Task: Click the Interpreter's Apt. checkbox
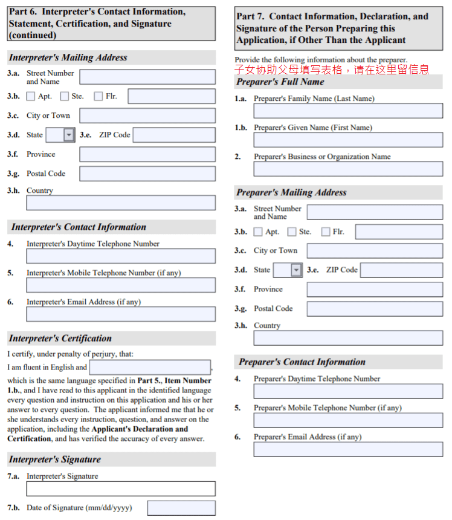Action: pyautogui.click(x=31, y=96)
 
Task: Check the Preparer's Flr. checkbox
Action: pyautogui.click(x=326, y=232)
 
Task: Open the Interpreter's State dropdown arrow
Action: pyautogui.click(x=69, y=135)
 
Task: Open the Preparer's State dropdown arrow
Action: pyautogui.click(x=296, y=270)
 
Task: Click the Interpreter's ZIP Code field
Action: pyautogui.click(x=174, y=135)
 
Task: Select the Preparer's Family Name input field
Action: pyautogui.click(x=348, y=111)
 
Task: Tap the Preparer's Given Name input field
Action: pyautogui.click(x=348, y=140)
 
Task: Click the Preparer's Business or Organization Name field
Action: pyautogui.click(x=348, y=169)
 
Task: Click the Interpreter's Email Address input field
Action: pyautogui.click(x=121, y=314)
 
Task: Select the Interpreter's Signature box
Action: pyautogui.click(x=121, y=489)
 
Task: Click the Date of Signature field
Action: pyautogui.click(x=181, y=508)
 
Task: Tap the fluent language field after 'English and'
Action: pyautogui.click(x=150, y=367)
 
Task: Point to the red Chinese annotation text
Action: pyautogui.click(x=332, y=70)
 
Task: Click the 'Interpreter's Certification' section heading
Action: pyautogui.click(x=60, y=339)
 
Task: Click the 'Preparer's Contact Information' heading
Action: pyautogui.click(x=302, y=362)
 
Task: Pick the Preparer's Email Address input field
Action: pyautogui.click(x=348, y=449)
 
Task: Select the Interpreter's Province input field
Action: pyautogui.click(x=147, y=154)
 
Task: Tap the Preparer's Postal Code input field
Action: pyautogui.click(x=375, y=308)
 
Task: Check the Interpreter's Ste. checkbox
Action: pyautogui.click(x=65, y=96)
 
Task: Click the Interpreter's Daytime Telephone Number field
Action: pyautogui.click(x=121, y=256)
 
